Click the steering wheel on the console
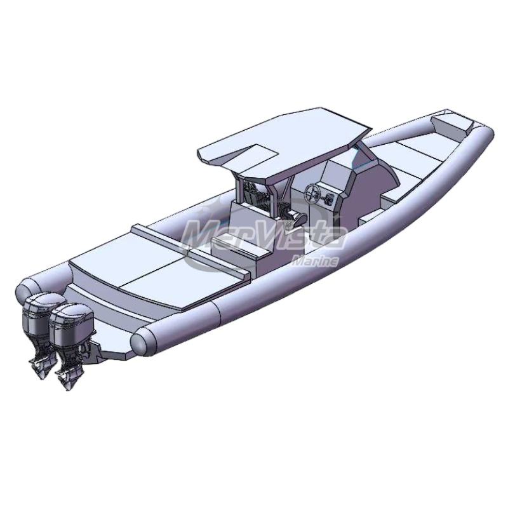tap(312, 194)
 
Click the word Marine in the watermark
tap(315, 261)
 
